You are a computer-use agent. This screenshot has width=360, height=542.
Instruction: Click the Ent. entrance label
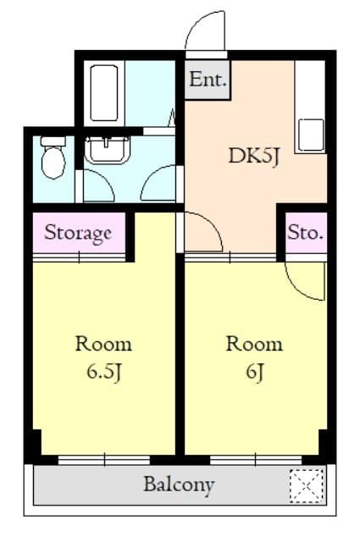pyautogui.click(x=208, y=80)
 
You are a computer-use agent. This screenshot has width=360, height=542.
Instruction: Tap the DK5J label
pyautogui.click(x=254, y=157)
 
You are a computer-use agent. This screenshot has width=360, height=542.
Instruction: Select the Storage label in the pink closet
pyautogui.click(x=78, y=233)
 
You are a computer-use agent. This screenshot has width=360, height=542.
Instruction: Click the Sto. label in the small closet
pyautogui.click(x=306, y=233)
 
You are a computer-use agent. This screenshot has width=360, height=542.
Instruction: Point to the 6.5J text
pyautogui.click(x=103, y=373)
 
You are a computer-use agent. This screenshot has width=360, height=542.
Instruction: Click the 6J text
pyautogui.click(x=254, y=373)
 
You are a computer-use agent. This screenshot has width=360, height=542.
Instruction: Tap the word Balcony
pyautogui.click(x=179, y=485)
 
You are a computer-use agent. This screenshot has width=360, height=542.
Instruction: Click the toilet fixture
pyautogui.click(x=53, y=158)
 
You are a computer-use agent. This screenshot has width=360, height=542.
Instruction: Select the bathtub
pyautogui.click(x=103, y=92)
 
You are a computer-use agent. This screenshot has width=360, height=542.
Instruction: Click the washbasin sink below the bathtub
pyautogui.click(x=108, y=150)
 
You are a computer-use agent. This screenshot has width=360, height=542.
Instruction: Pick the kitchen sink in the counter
pyautogui.click(x=311, y=135)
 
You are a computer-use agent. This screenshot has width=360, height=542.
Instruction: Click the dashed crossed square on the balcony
pyautogui.click(x=307, y=486)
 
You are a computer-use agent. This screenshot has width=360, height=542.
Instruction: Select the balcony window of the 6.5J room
pyautogui.click(x=104, y=460)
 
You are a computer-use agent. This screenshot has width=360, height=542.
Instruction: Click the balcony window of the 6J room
pyautogui.click(x=256, y=460)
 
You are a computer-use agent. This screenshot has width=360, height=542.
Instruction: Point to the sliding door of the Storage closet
pyautogui.click(x=79, y=257)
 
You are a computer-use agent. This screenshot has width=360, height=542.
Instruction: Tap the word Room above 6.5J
pyautogui.click(x=103, y=345)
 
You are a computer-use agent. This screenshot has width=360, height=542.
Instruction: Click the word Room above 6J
pyautogui.click(x=254, y=345)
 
